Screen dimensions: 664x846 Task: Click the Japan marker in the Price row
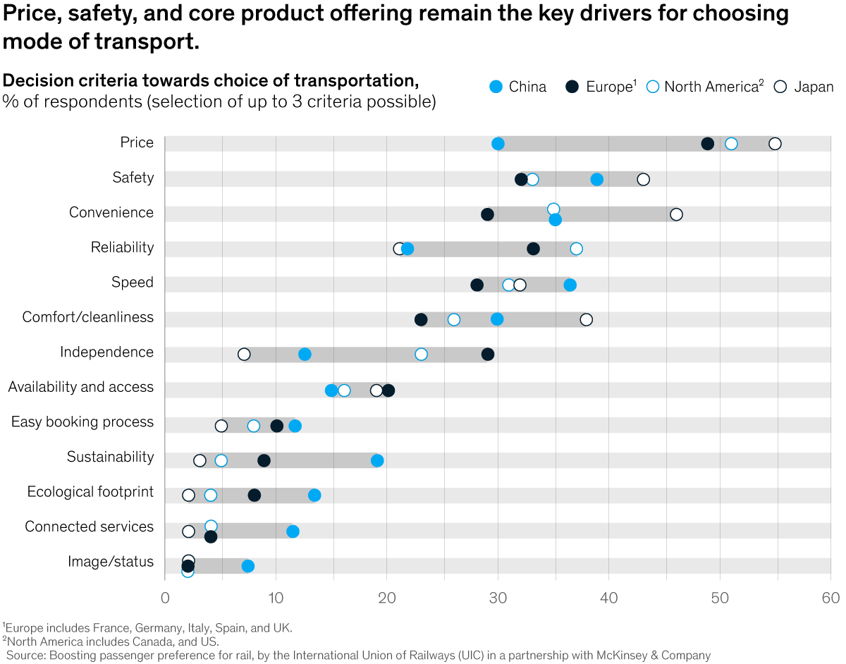pos(775,144)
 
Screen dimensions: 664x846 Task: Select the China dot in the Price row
pos(498,144)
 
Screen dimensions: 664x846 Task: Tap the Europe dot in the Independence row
pos(487,354)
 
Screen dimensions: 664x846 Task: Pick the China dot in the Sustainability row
pos(377,460)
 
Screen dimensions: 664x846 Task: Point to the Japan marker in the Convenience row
pos(676,214)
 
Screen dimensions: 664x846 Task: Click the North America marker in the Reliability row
pos(576,248)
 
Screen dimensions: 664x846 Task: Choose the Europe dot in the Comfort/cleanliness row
pos(421,319)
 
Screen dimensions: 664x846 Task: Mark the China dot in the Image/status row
pos(247,566)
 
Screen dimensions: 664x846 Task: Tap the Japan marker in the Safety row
pos(643,179)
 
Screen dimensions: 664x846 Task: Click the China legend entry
pos(518,87)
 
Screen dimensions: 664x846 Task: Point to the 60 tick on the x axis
pos(830,598)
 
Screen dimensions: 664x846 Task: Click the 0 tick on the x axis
pos(165,598)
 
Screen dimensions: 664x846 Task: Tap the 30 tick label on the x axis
pos(498,598)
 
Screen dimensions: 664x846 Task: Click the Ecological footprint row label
pos(90,492)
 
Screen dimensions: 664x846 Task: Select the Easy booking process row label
pos(82,422)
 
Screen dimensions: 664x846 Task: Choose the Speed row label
pos(133,283)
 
